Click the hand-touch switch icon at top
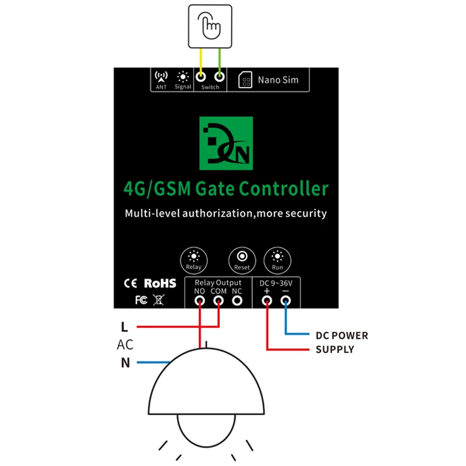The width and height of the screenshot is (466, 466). tap(211, 25)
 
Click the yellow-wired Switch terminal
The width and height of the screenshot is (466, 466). tap(201, 77)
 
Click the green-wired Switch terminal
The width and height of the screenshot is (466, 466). tap(219, 77)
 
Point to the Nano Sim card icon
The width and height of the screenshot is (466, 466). tap(245, 80)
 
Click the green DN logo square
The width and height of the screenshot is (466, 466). tap(226, 144)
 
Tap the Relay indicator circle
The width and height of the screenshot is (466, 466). tap(193, 259)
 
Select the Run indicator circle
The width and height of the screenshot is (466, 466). tap(278, 259)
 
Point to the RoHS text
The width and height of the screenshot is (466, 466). tap(160, 283)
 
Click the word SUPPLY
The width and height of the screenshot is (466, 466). tap(335, 350)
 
